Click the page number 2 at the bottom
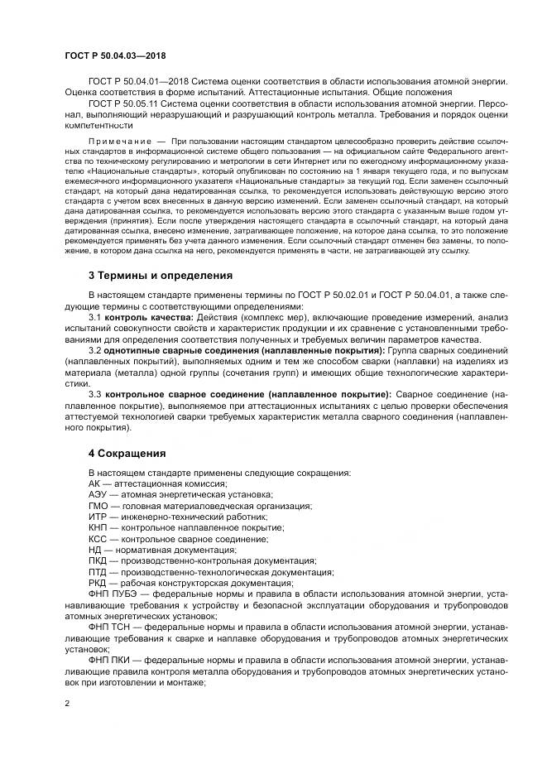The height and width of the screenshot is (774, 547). [x=67, y=703]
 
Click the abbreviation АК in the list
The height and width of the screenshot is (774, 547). [x=94, y=483]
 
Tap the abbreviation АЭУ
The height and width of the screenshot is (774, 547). [x=98, y=494]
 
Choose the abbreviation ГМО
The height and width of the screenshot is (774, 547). [x=98, y=506]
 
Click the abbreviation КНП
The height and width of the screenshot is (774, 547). [x=98, y=527]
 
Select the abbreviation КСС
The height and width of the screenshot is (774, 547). [x=98, y=539]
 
